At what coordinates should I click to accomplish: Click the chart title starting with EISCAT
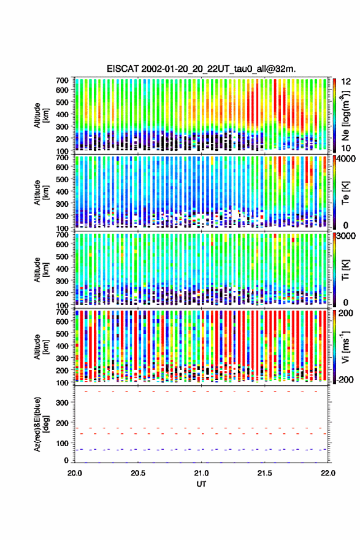tap(201, 69)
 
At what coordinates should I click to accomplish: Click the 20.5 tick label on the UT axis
tap(138, 473)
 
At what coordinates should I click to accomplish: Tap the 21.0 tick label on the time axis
tap(201, 473)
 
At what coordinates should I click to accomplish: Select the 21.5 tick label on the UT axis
tap(265, 473)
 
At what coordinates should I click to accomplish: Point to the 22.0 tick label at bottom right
tap(328, 473)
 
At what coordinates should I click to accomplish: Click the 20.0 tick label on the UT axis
tap(75, 473)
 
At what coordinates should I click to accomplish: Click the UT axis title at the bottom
tap(201, 484)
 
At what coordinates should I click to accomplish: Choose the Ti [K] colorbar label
tap(345, 269)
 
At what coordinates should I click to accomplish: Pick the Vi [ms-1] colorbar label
tap(345, 347)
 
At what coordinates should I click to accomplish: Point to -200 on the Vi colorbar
tap(344, 379)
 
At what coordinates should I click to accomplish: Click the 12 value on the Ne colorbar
tap(347, 81)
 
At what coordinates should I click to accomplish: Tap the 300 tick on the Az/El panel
tap(63, 403)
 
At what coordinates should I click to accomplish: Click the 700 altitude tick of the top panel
tap(63, 80)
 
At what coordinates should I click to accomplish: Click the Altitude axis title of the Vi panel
tap(41, 347)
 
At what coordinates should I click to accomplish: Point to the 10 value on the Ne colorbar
tap(347, 148)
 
